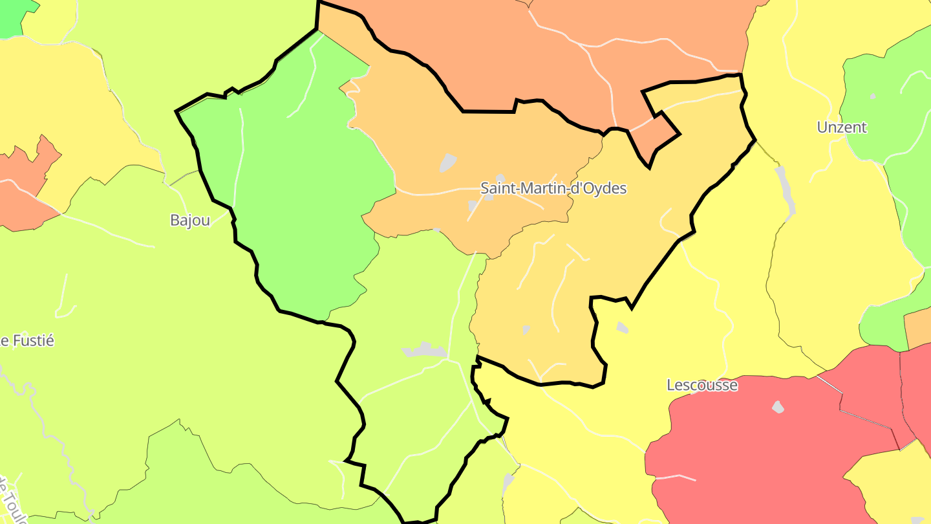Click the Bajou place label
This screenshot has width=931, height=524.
coord(190,220)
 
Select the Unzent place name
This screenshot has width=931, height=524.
coord(842,127)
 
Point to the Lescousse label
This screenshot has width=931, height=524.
coord(702,385)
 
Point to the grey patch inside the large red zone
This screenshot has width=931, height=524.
coord(778,407)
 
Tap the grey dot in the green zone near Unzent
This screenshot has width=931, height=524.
coord(873,96)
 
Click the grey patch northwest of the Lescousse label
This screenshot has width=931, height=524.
coord(622,327)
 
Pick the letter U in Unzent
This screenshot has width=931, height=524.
coord(822,127)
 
